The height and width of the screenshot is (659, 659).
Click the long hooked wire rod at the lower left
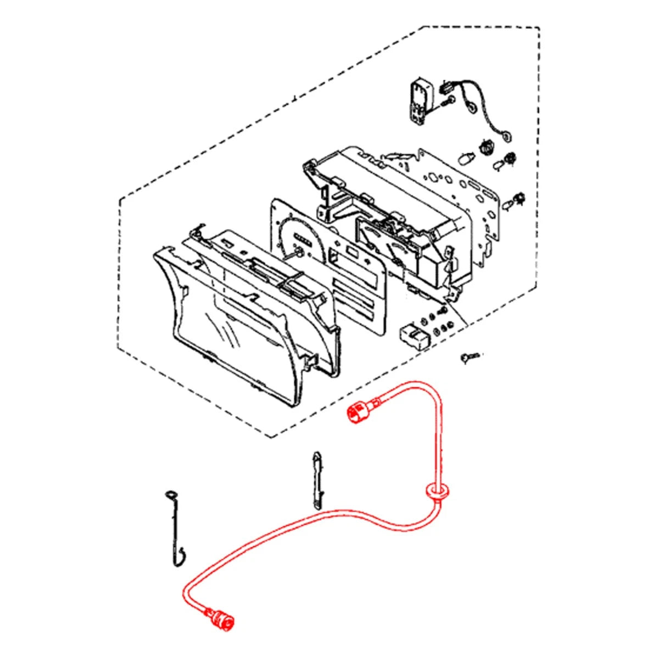click(x=175, y=527)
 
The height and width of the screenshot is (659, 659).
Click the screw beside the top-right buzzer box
click(x=448, y=100)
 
